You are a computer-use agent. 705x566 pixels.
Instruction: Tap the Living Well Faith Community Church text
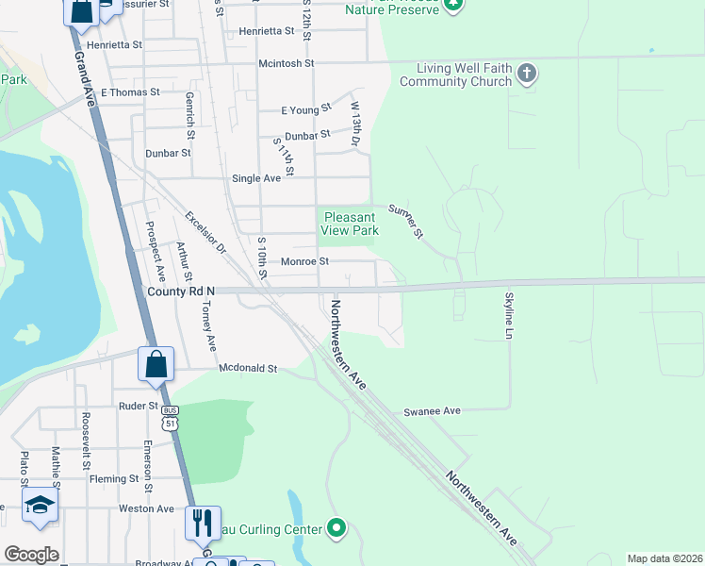pyautogui.click(x=454, y=75)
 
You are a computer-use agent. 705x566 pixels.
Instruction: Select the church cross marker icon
pyautogui.click(x=527, y=73)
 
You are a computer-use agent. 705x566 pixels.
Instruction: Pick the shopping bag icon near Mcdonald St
pyautogui.click(x=156, y=364)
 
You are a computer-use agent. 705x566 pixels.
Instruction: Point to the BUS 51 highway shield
pyautogui.click(x=170, y=418)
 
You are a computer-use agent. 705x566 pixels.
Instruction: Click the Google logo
pyautogui.click(x=31, y=555)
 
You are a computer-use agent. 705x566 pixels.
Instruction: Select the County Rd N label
pyautogui.click(x=181, y=291)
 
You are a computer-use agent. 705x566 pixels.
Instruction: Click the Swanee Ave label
pyautogui.click(x=432, y=411)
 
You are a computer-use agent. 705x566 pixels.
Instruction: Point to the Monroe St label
pyautogui.click(x=304, y=261)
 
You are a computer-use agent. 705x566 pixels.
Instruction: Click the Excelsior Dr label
pyautogui.click(x=205, y=232)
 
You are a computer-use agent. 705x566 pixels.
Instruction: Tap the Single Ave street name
pyautogui.click(x=256, y=178)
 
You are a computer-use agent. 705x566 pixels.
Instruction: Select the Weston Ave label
pyautogui.click(x=146, y=508)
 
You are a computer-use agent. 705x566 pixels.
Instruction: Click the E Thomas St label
pyautogui.click(x=130, y=92)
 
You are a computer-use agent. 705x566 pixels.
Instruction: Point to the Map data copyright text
pyautogui.click(x=664, y=558)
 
